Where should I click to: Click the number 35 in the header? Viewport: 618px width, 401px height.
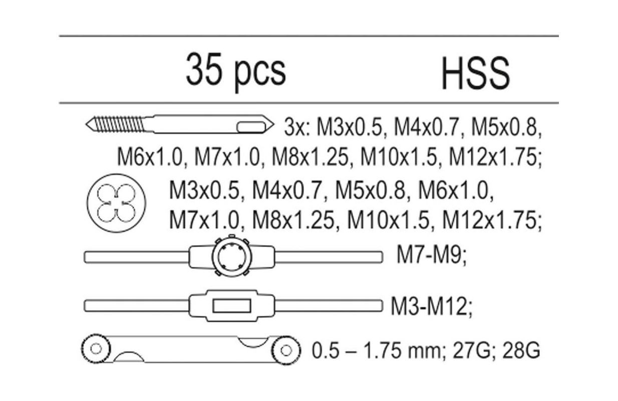click(x=204, y=69)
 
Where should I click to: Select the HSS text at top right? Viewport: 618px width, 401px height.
click(x=476, y=73)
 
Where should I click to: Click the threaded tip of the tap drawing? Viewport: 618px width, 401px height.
click(x=115, y=124)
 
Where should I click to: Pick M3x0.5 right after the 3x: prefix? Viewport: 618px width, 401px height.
click(x=350, y=128)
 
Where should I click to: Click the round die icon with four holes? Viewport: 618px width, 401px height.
click(x=116, y=203)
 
